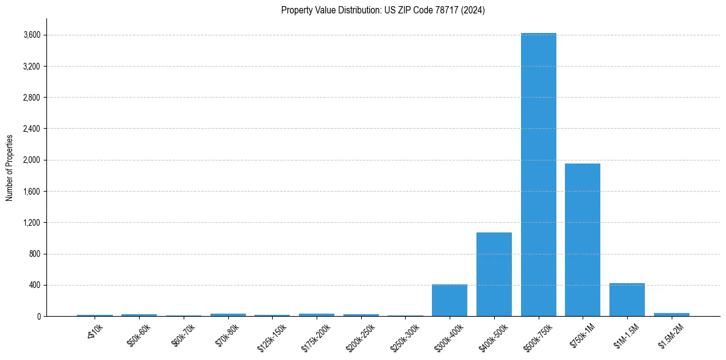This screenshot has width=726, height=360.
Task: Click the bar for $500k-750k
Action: (538, 175)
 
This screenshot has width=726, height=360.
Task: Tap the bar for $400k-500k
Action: (494, 274)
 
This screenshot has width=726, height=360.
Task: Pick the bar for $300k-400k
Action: (450, 300)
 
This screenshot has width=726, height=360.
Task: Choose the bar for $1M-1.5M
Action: (627, 300)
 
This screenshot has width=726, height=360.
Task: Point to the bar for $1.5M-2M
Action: (672, 314)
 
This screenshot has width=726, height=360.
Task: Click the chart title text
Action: (383, 10)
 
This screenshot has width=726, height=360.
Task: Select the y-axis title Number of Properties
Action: (10, 167)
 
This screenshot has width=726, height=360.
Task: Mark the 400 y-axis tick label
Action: (34, 285)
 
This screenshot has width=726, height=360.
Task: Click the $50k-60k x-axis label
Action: (138, 336)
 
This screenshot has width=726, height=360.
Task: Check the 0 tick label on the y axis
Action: (38, 316)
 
